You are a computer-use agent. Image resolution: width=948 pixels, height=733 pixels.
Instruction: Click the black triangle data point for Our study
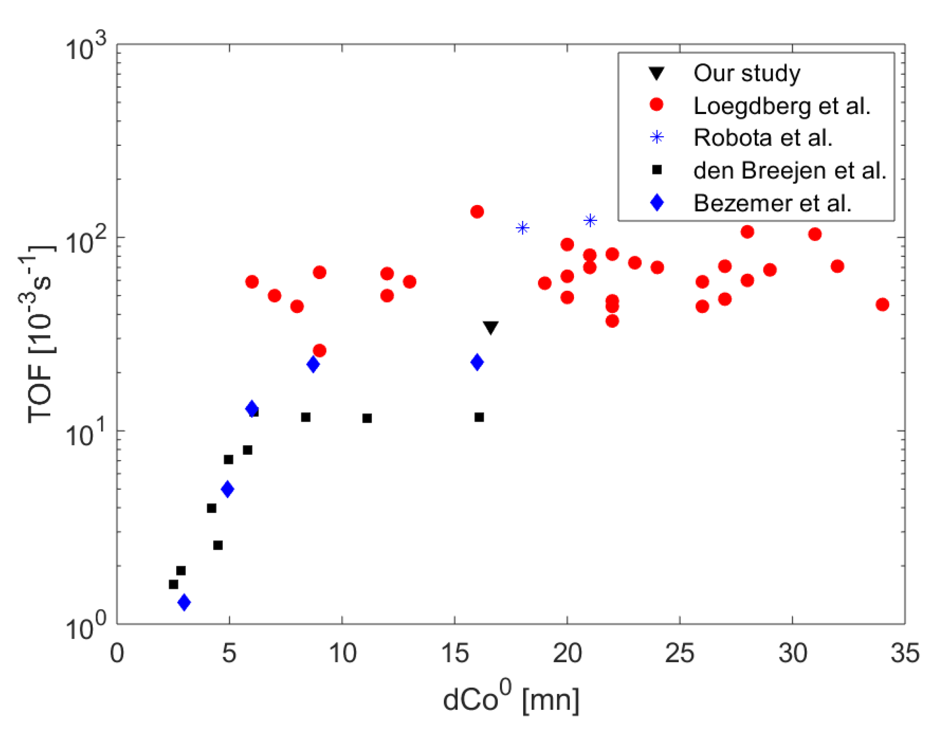tap(490, 327)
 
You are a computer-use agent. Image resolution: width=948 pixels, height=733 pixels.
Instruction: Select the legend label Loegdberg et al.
tap(782, 106)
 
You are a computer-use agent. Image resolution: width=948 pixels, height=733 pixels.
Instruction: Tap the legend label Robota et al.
tap(763, 138)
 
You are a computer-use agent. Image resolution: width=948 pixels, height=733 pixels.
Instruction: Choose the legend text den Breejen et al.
tap(790, 170)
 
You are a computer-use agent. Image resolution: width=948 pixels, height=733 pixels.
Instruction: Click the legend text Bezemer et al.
tap(772, 203)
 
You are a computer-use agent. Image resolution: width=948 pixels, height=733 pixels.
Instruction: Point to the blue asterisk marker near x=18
tap(522, 228)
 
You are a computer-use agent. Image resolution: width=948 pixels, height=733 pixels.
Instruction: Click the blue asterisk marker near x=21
tap(590, 220)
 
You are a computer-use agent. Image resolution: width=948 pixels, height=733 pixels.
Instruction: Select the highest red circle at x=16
tap(477, 212)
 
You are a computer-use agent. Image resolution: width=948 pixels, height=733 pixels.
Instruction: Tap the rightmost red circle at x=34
tap(882, 304)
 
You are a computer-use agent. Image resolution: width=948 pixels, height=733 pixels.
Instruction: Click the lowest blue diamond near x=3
tap(184, 602)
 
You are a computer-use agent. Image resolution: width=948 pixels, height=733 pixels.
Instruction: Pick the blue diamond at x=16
tap(477, 362)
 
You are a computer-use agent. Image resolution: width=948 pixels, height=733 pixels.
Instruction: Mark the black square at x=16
tap(479, 417)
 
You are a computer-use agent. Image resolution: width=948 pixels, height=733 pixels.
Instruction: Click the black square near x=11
tap(367, 418)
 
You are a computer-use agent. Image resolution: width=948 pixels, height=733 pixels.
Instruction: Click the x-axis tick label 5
tap(229, 653)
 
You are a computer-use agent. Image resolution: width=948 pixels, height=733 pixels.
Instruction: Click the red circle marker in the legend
tap(657, 105)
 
